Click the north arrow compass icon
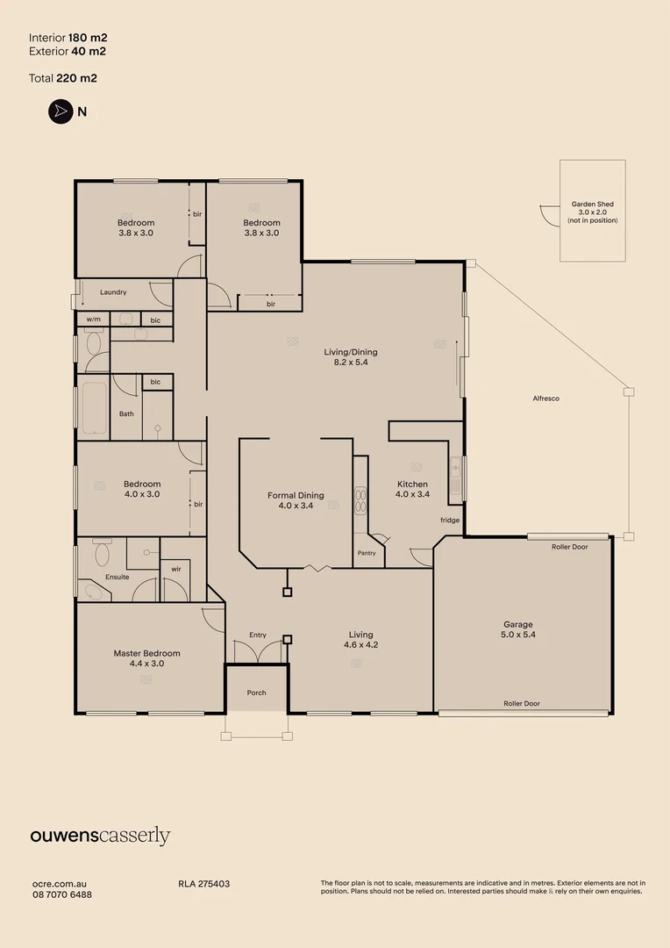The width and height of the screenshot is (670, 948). (61, 111)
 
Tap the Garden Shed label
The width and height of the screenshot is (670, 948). (593, 205)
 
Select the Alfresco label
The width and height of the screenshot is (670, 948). (546, 399)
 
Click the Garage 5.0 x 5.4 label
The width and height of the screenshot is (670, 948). (518, 629)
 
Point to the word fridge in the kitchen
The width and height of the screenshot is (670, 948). (450, 520)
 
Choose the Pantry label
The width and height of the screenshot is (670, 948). (367, 553)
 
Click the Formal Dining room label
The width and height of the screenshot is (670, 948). (296, 500)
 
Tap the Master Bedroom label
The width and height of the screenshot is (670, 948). (146, 657)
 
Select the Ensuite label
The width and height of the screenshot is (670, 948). (118, 577)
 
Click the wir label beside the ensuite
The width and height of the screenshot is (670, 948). (175, 569)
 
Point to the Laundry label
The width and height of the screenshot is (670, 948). (113, 292)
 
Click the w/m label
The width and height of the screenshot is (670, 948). (94, 320)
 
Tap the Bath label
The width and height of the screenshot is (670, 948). (126, 414)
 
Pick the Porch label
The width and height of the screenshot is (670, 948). (257, 693)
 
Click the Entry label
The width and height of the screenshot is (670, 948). (258, 635)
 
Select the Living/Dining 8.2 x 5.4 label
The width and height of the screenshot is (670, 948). (351, 356)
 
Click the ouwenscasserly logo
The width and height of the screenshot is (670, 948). (100, 837)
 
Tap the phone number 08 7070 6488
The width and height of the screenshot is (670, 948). (62, 894)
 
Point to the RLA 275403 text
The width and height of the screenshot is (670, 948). (203, 884)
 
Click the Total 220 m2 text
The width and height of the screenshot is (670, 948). (63, 78)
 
